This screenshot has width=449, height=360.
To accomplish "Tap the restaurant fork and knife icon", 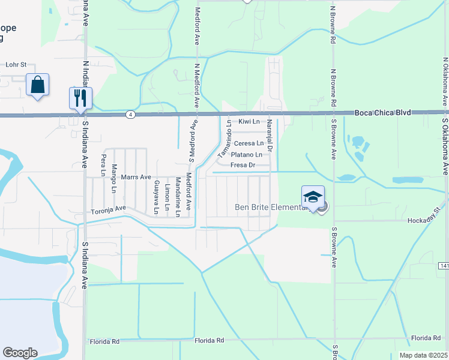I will pyautogui.click(x=80, y=97).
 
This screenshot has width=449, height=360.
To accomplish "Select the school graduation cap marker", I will pyautogui.click(x=313, y=197).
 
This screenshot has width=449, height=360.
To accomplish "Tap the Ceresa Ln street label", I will pyautogui.click(x=249, y=143).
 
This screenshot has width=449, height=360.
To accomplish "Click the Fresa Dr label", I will pyautogui.click(x=243, y=165).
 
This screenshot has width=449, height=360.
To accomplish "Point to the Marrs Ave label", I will pyautogui.click(x=136, y=177).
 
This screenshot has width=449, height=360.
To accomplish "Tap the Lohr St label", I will pyautogui.click(x=16, y=64).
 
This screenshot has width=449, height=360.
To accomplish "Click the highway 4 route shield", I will pyautogui.click(x=130, y=113).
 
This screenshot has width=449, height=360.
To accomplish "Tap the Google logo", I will pyautogui.click(x=20, y=353).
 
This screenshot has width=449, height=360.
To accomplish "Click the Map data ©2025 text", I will pyautogui.click(x=423, y=355).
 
